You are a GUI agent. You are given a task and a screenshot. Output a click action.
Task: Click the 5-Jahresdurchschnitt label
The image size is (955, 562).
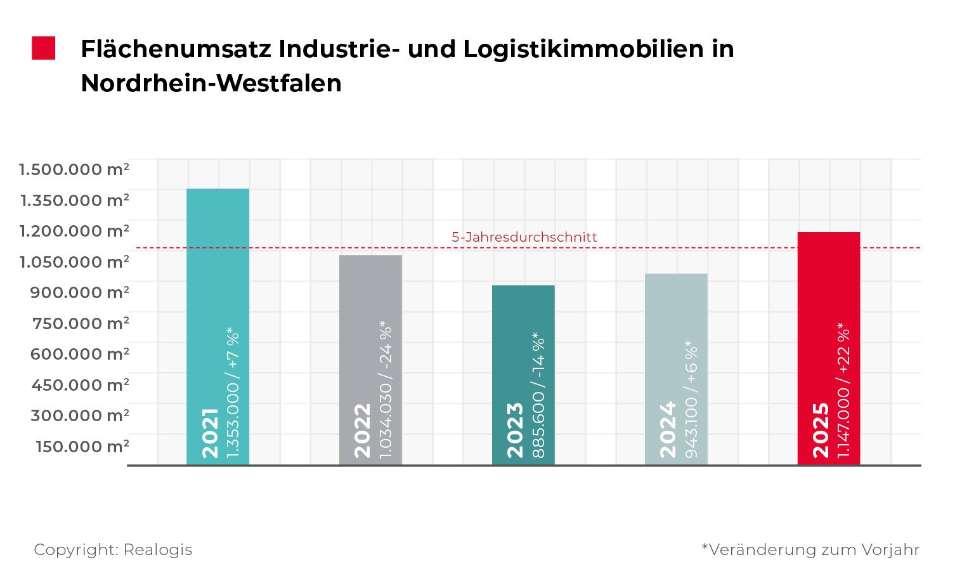pyautogui.click(x=524, y=237)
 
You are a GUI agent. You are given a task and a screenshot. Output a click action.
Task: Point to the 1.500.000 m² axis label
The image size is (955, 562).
pyautogui.click(x=74, y=170)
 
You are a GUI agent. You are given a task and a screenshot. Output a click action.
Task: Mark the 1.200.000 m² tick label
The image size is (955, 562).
pyautogui.click(x=74, y=232)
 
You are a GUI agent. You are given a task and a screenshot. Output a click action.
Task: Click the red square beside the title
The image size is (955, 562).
pyautogui.click(x=44, y=49)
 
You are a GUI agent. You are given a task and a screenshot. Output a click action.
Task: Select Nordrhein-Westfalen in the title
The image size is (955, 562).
pyautogui.click(x=211, y=83)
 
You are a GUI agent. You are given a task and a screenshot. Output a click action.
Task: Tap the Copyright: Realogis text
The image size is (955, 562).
pyautogui.click(x=113, y=549)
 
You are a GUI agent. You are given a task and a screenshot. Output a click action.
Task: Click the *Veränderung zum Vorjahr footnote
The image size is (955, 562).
pyautogui.click(x=810, y=549)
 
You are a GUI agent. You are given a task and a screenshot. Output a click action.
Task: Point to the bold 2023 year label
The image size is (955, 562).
pyautogui.click(x=515, y=429)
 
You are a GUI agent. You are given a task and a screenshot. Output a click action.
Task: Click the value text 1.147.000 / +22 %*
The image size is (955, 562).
pyautogui.click(x=844, y=390)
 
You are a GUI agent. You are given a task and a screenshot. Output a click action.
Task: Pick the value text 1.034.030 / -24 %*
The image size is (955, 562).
pyautogui.click(x=386, y=390)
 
